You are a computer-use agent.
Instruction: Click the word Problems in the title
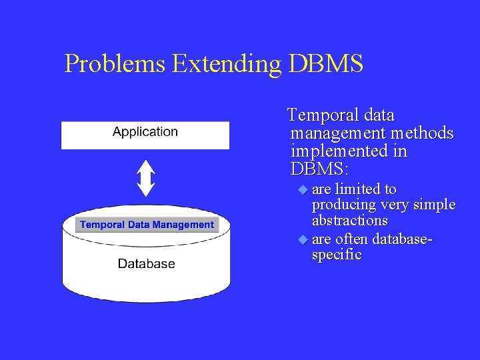pos(115,64)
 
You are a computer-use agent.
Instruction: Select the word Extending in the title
pos(227,64)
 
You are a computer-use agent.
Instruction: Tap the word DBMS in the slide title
pos(326,64)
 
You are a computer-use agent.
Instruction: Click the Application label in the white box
pos(145,132)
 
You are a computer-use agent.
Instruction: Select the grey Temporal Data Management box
pos(147,225)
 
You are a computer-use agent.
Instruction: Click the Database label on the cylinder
pos(146,264)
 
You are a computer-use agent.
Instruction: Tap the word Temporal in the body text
pos(319,115)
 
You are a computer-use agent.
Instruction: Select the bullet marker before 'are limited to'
pos(303,189)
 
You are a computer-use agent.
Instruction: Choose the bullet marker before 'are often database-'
pos(303,239)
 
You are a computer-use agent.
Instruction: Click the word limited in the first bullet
pos(357,189)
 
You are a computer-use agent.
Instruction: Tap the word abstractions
pos(350,221)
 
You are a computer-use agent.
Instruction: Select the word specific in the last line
pos(337,255)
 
